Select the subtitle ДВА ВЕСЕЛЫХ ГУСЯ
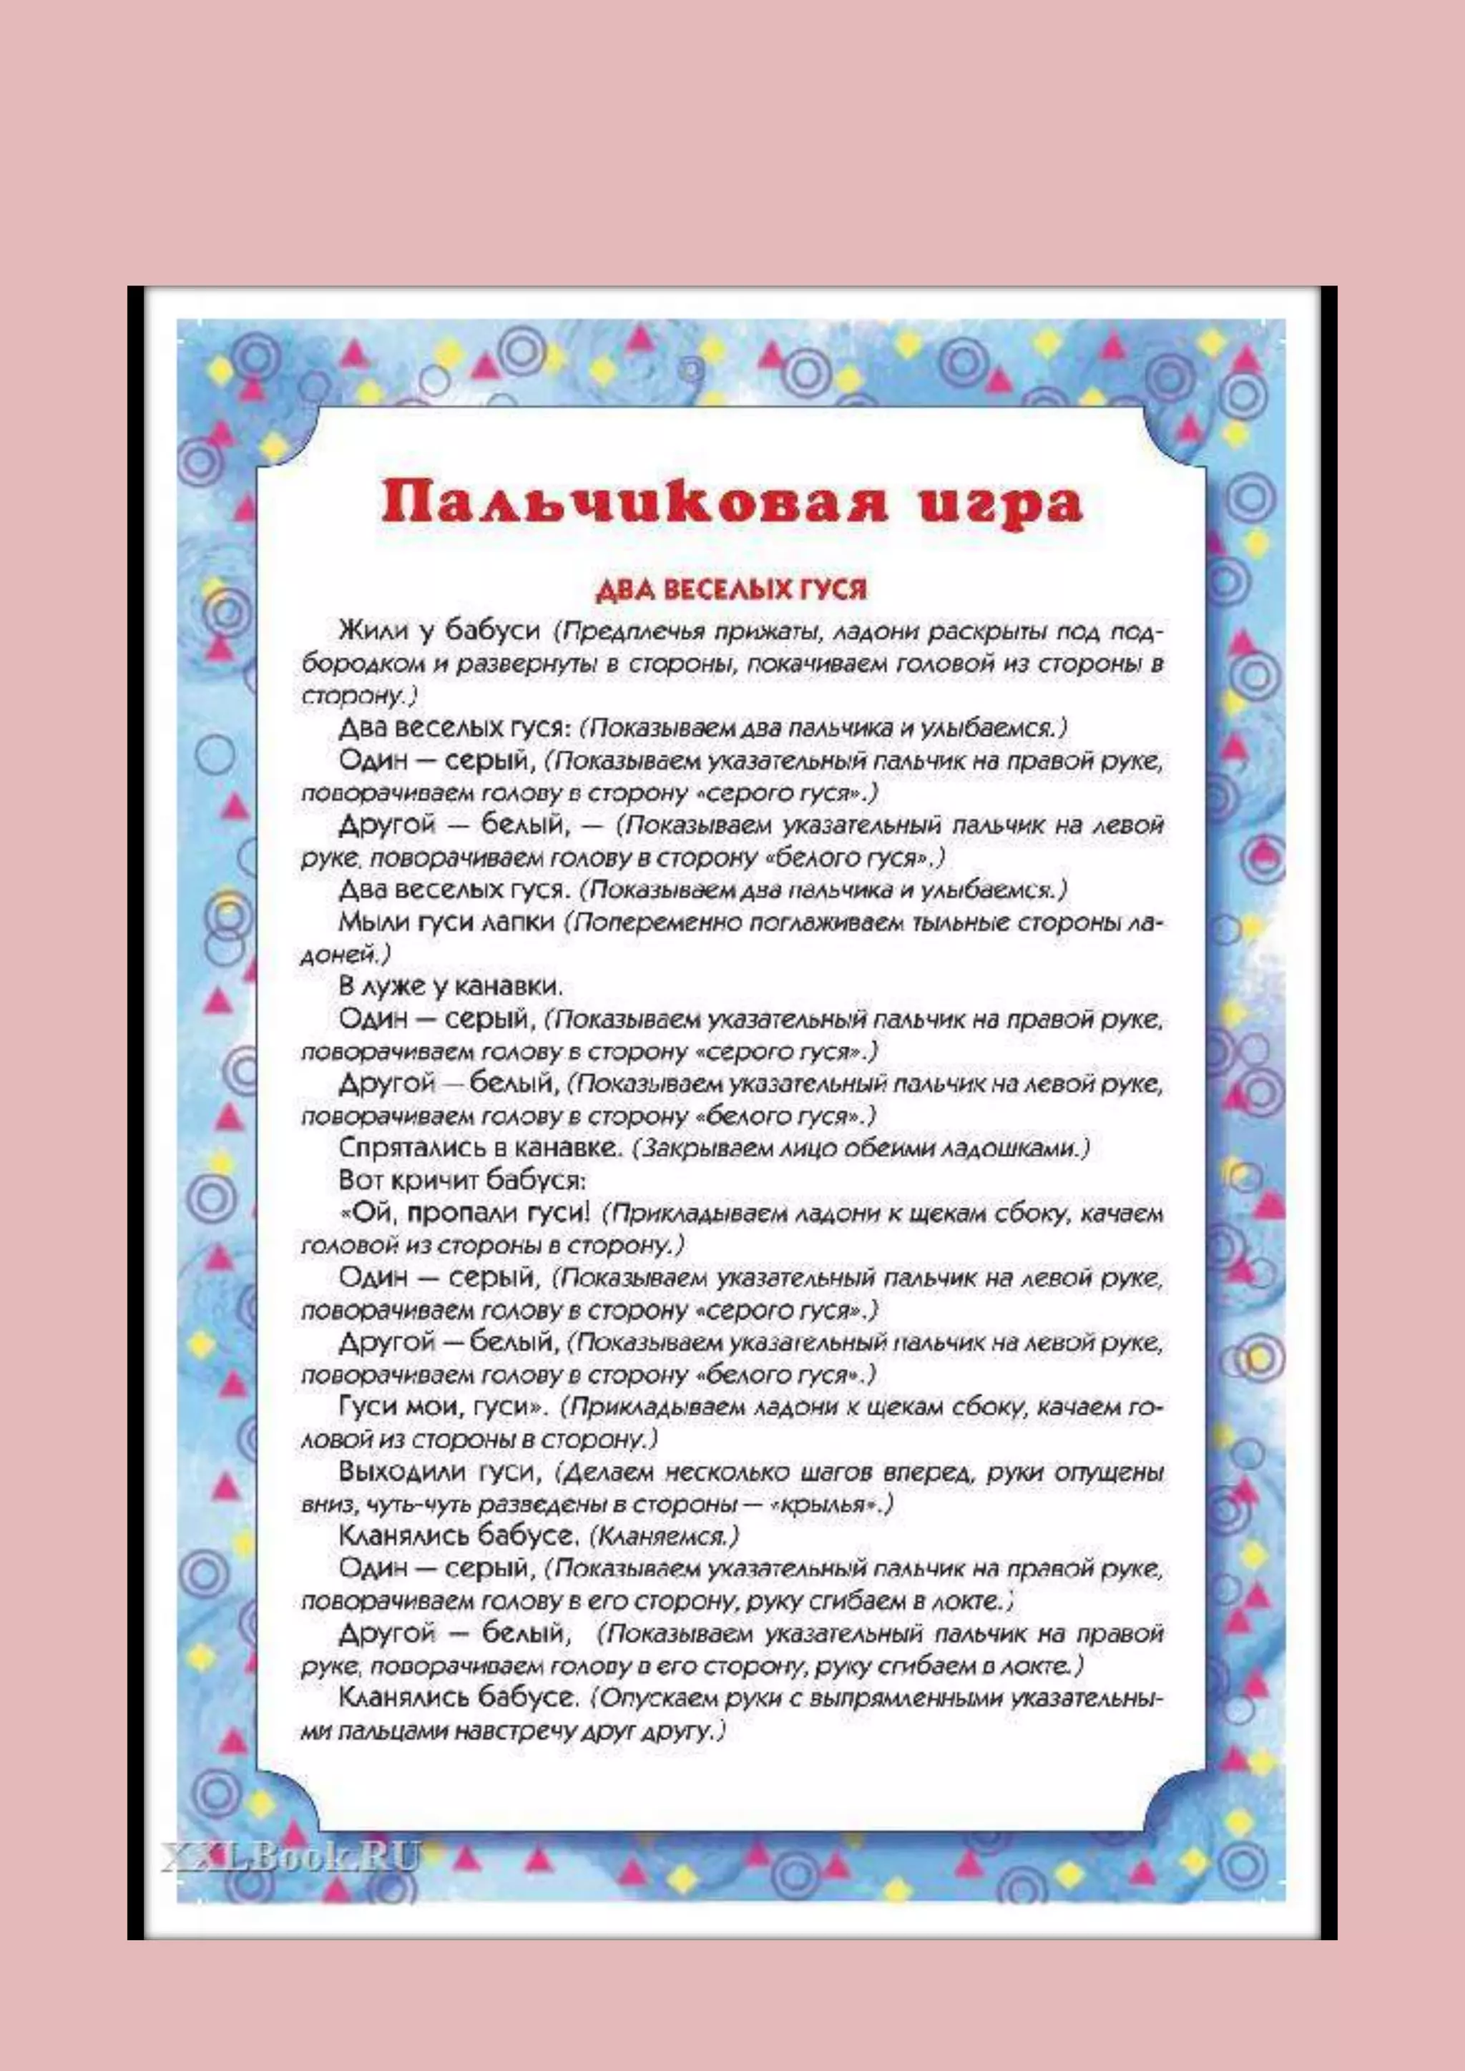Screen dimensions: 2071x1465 [730, 591]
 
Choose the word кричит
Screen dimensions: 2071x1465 [438, 1180]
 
